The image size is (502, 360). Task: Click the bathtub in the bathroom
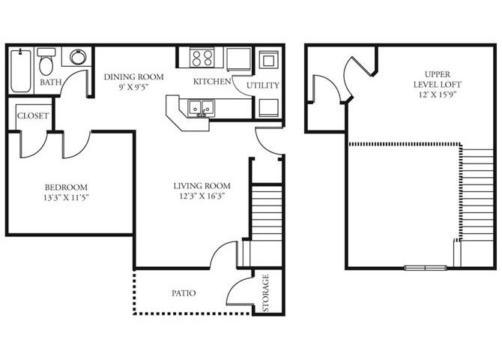click(x=21, y=70)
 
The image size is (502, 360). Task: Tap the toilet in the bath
click(x=46, y=61)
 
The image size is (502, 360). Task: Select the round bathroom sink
click(x=78, y=57)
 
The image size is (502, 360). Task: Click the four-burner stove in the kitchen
click(x=202, y=58)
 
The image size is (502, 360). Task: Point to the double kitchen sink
click(x=202, y=107)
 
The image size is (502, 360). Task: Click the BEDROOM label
click(x=66, y=187)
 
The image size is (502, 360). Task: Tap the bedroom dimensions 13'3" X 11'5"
click(x=66, y=197)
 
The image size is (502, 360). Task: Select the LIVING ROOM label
click(x=202, y=185)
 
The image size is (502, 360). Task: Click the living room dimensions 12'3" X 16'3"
click(x=202, y=196)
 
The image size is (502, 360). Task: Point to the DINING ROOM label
click(x=134, y=77)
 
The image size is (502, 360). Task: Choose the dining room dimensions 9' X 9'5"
click(x=134, y=87)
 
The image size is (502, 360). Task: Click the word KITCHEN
click(x=212, y=82)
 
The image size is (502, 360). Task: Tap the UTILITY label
click(x=263, y=85)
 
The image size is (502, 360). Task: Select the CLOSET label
click(x=33, y=115)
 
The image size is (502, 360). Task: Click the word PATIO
click(x=184, y=293)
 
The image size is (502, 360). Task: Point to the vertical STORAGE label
click(x=266, y=293)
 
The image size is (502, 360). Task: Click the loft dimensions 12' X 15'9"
click(x=438, y=95)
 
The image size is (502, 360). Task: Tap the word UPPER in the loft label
click(x=438, y=74)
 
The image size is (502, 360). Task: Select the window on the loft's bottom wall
click(x=426, y=268)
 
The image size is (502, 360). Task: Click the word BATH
click(x=51, y=82)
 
